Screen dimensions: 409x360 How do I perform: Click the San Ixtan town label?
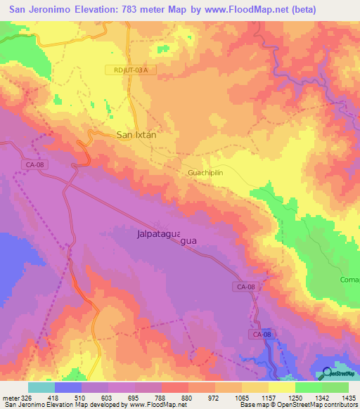140,134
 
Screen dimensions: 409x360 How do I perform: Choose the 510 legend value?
96,397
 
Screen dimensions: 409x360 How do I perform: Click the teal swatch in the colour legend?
41,387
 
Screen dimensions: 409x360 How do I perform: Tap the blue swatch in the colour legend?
68,387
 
